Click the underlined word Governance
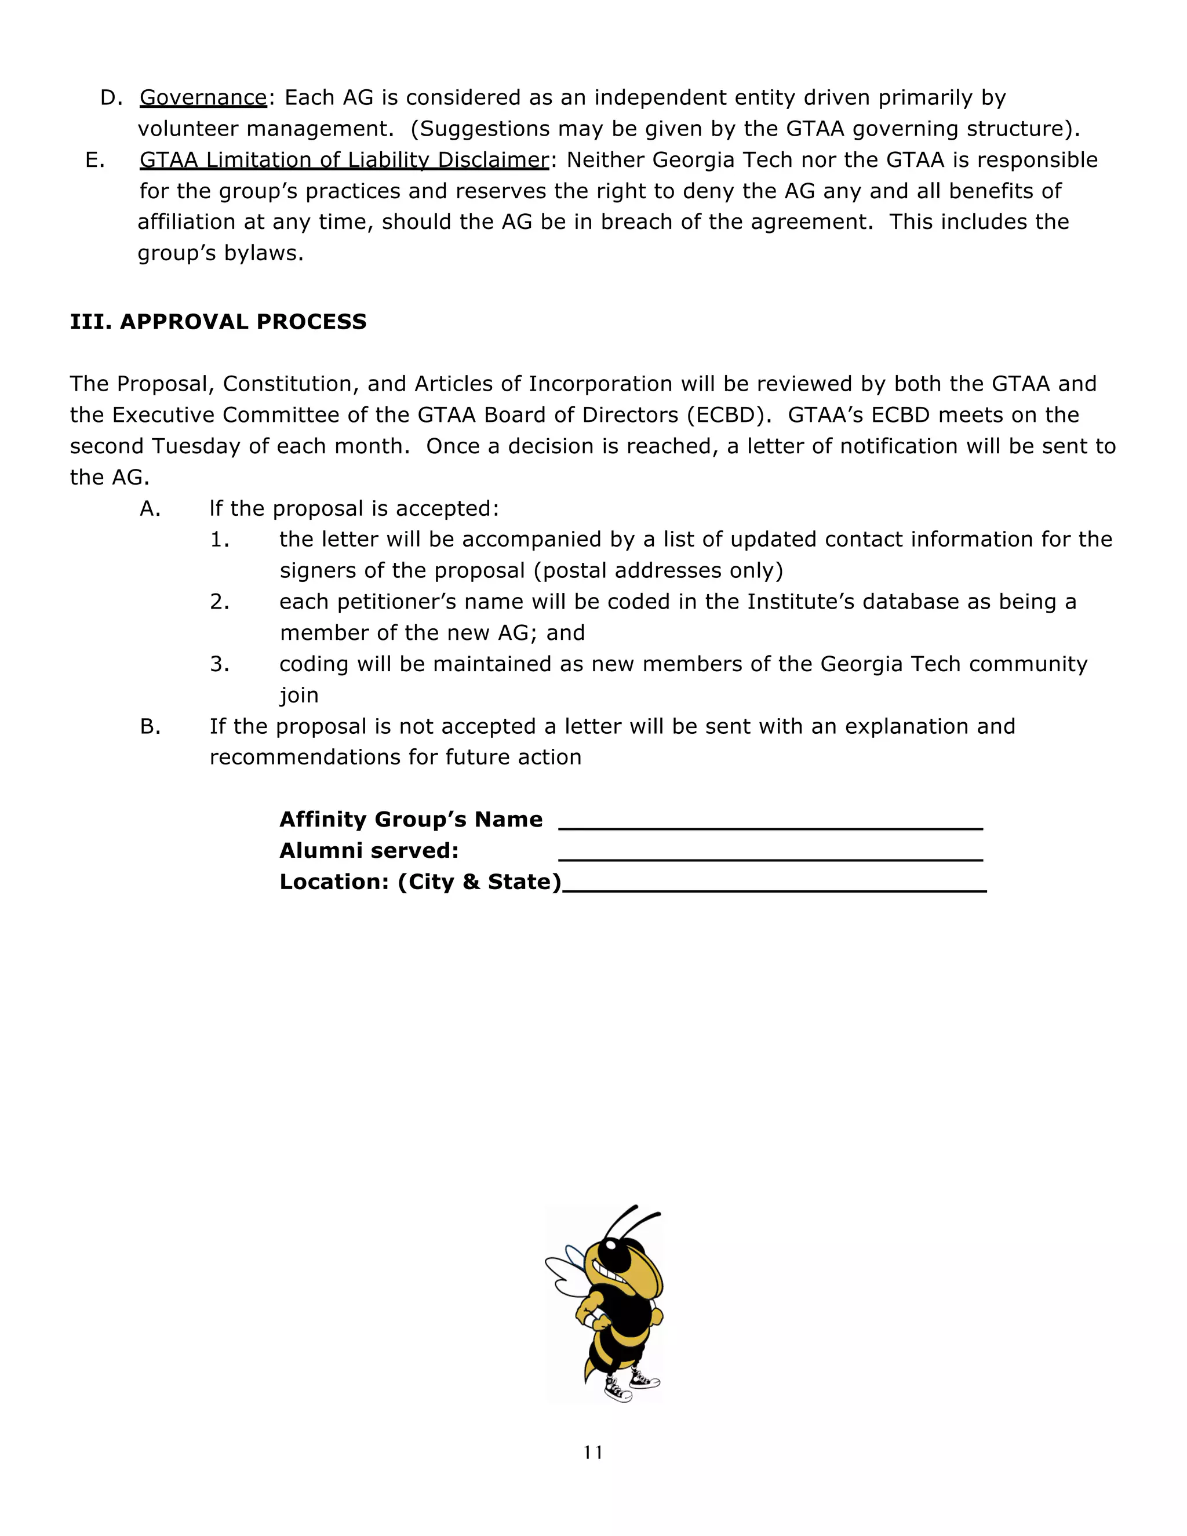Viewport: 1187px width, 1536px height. click(x=203, y=98)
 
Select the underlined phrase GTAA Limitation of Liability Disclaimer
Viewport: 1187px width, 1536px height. click(x=343, y=161)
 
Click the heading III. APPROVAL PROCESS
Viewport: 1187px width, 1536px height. click(x=218, y=322)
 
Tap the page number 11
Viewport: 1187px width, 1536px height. click(x=593, y=1453)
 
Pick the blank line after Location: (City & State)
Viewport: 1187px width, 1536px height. click(x=774, y=886)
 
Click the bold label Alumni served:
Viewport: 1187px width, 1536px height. click(x=369, y=851)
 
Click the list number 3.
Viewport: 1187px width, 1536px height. click(x=220, y=664)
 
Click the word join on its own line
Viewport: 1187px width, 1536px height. click(x=299, y=696)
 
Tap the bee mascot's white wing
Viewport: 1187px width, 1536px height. click(x=568, y=1273)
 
